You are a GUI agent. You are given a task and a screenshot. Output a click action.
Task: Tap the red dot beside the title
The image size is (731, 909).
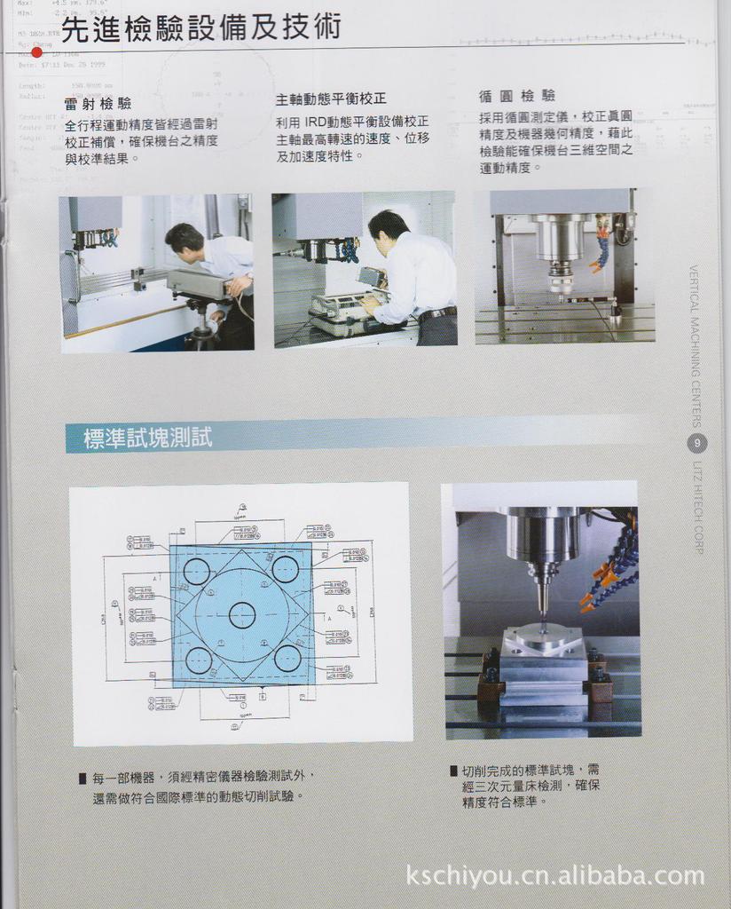click(x=36, y=52)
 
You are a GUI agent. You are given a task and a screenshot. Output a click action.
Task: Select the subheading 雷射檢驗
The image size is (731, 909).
click(x=98, y=103)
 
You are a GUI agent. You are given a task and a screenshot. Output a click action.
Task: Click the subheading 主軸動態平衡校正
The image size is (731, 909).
click(x=331, y=99)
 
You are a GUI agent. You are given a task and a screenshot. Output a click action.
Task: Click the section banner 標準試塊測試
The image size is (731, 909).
click(x=147, y=438)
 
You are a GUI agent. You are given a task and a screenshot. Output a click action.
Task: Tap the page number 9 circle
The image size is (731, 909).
click(x=697, y=443)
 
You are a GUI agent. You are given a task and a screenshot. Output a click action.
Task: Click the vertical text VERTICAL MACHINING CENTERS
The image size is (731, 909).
click(x=696, y=346)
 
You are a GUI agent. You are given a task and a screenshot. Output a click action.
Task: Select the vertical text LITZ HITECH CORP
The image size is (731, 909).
click(x=697, y=506)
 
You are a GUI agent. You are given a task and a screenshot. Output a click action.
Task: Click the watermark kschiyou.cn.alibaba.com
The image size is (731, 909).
click(x=554, y=876)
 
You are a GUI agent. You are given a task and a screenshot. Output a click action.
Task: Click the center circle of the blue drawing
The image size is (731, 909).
click(x=242, y=614)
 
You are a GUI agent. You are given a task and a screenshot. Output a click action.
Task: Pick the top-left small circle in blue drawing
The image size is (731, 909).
click(x=196, y=571)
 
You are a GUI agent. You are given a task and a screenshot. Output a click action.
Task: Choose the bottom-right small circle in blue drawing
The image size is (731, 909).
click(x=287, y=659)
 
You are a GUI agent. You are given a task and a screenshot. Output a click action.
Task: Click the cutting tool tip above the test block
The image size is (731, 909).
click(x=542, y=613)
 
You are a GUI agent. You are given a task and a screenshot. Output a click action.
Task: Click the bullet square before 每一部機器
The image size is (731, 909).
click(x=83, y=779)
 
